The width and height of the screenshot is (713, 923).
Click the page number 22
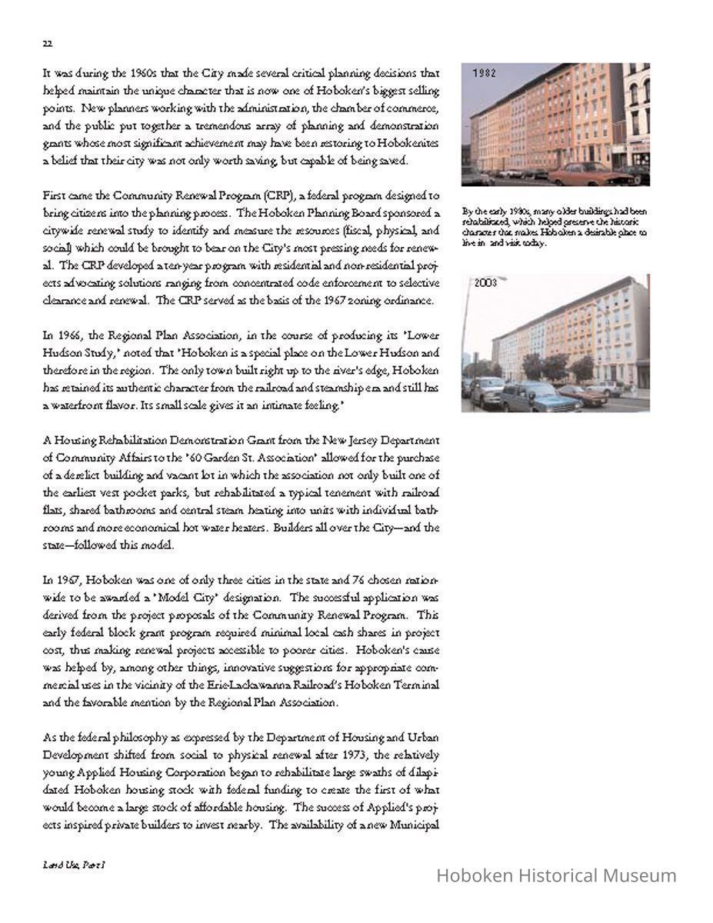47,44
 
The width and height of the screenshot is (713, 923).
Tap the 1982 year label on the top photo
485,74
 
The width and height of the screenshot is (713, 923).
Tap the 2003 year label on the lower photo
485,283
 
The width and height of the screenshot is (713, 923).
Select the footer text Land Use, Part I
74,865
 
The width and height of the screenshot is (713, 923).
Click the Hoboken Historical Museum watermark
556,875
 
